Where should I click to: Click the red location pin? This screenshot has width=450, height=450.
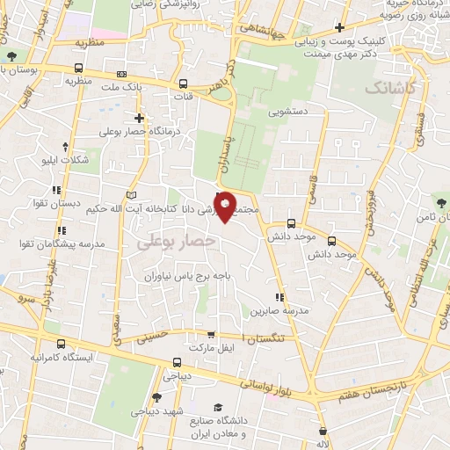point(225,205)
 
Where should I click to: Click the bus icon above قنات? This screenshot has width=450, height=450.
point(183,84)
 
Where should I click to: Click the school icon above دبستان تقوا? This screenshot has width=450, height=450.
point(57,190)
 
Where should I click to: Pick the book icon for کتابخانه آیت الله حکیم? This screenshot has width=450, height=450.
point(132,194)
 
